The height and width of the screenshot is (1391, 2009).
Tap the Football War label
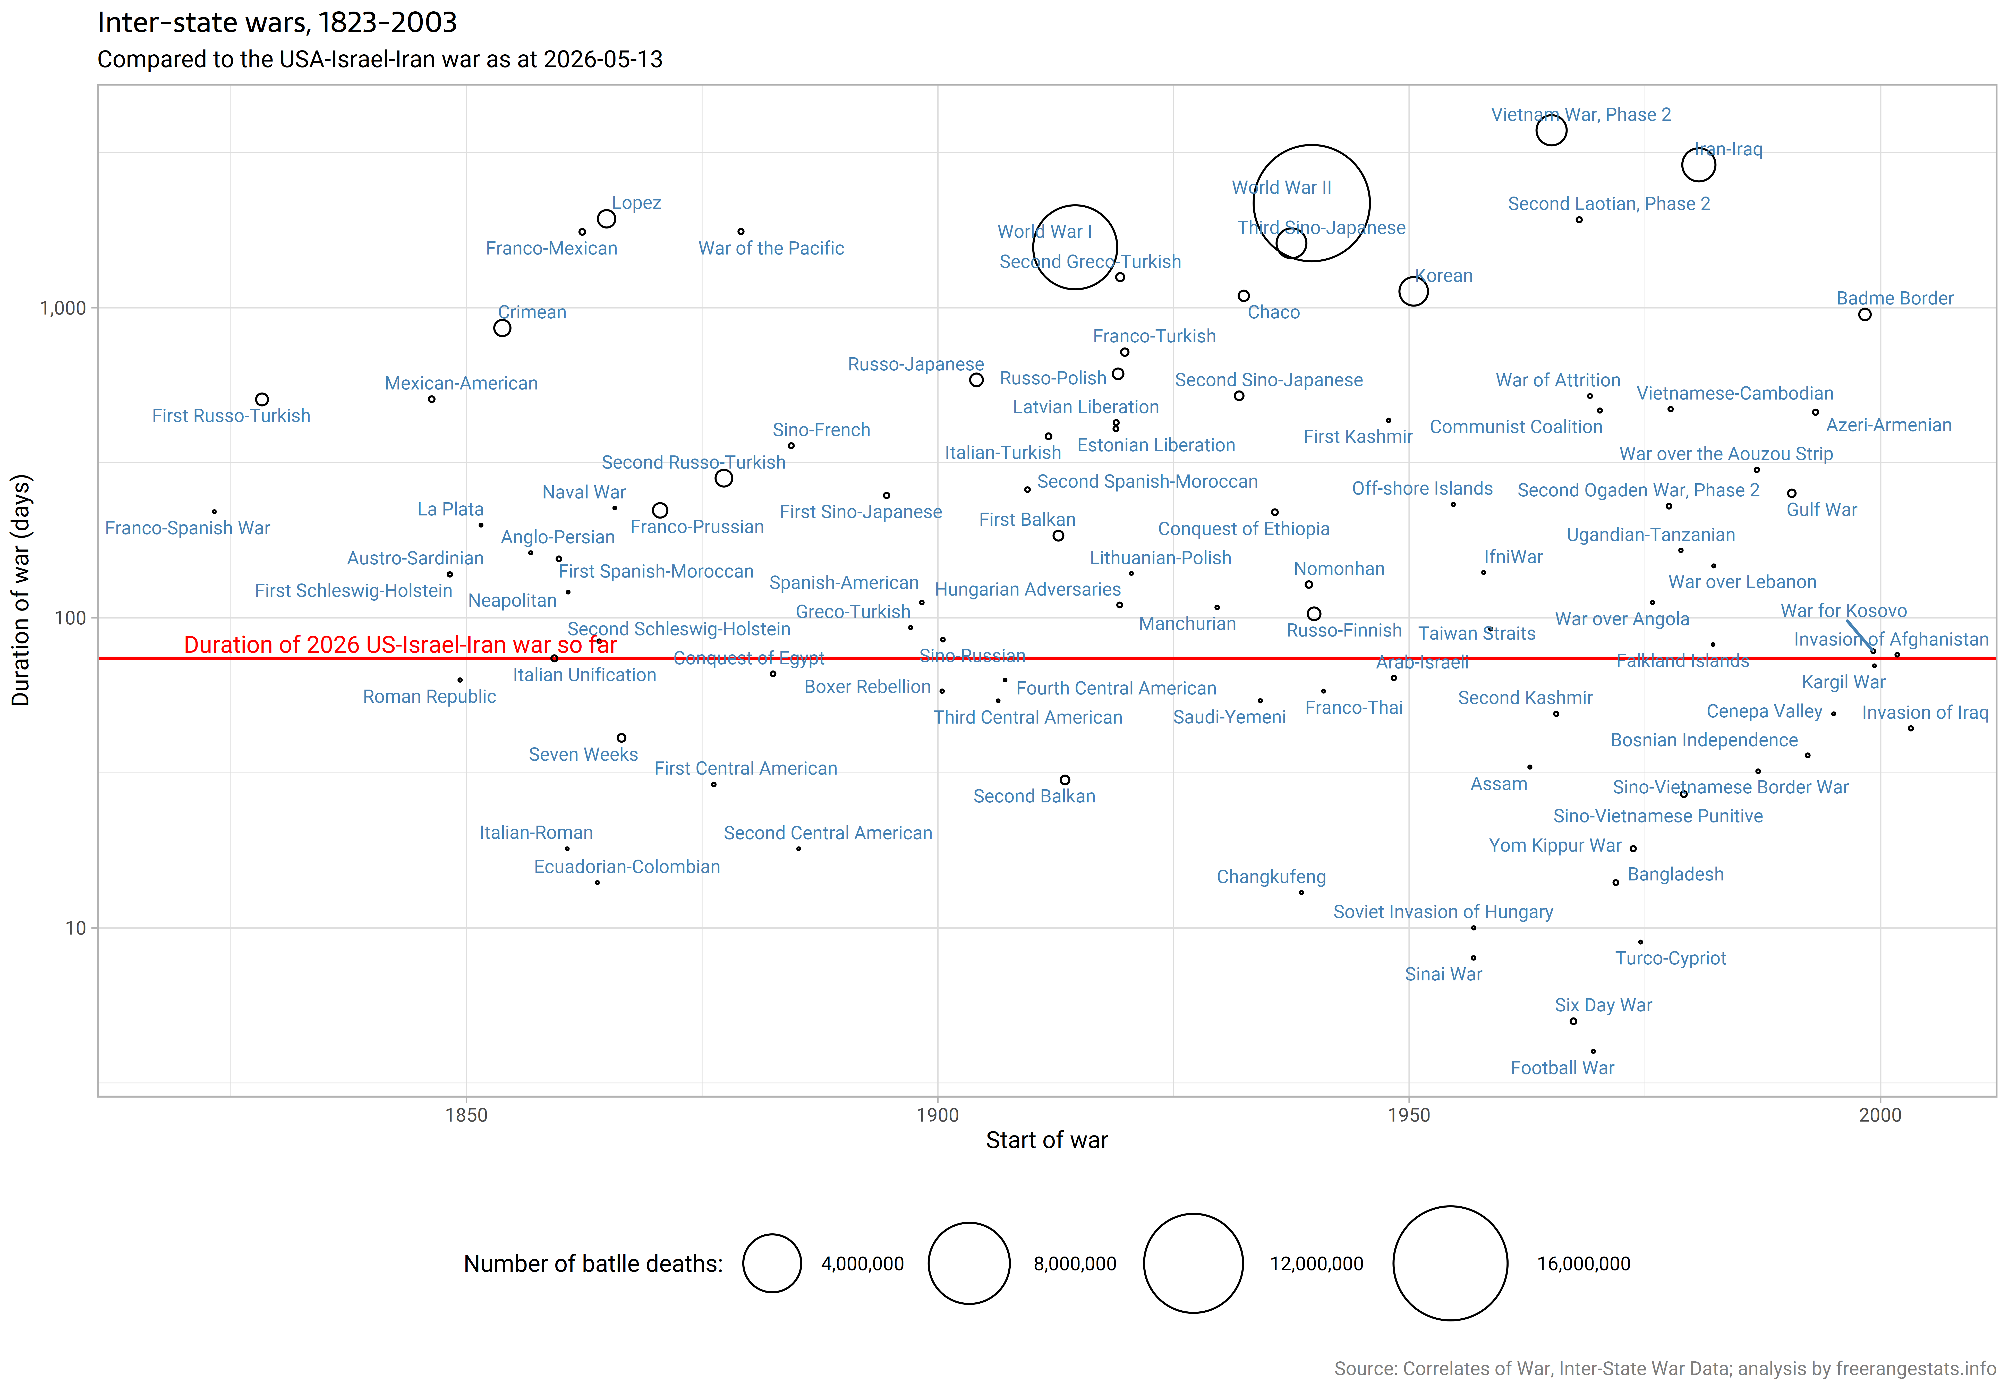[1562, 1068]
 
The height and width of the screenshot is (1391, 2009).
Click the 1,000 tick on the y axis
[63, 308]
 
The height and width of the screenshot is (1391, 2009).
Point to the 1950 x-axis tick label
[1409, 1115]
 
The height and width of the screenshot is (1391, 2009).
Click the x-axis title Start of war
[1046, 1140]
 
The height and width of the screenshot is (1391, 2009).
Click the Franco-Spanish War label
[187, 528]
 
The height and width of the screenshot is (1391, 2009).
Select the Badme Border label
[1895, 298]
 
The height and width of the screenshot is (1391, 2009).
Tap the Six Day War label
[1603, 1005]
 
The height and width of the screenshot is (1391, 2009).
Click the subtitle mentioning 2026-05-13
[380, 59]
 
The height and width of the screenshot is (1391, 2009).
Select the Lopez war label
[636, 203]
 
